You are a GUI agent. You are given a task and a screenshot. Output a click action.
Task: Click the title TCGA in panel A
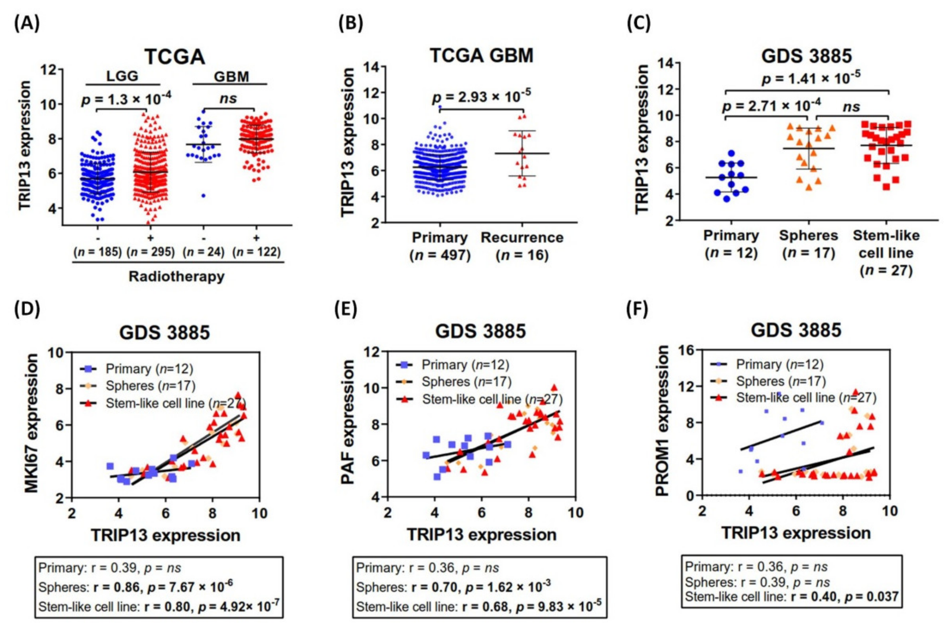[x=175, y=57]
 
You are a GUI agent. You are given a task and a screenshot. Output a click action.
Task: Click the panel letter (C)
[x=639, y=24]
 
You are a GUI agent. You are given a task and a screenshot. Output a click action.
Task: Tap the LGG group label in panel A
[x=122, y=76]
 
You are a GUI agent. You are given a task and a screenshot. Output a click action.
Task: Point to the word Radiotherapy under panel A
[x=176, y=276]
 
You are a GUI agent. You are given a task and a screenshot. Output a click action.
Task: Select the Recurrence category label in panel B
[x=522, y=238]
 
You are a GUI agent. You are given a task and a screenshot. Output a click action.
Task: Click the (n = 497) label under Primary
[x=440, y=255]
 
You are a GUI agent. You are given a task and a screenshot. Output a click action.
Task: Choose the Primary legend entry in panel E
[x=465, y=365]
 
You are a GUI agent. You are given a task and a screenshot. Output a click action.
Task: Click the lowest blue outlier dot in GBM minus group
[x=204, y=195]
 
